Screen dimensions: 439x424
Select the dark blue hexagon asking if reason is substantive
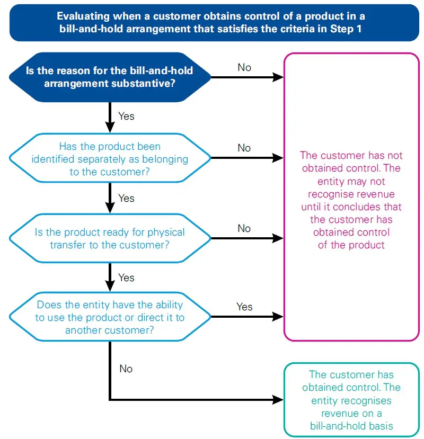pyautogui.click(x=110, y=77)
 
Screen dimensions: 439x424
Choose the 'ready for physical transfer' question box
pyautogui.click(x=110, y=238)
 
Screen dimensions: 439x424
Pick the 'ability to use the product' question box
pyautogui.click(x=110, y=317)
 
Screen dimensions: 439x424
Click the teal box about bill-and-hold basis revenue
pyautogui.click(x=351, y=400)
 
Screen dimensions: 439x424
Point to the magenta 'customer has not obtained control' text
pyautogui.click(x=351, y=200)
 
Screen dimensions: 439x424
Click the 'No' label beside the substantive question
pyautogui.click(x=244, y=67)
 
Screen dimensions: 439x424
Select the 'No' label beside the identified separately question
pyautogui.click(x=244, y=148)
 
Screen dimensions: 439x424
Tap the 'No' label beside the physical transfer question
pyautogui.click(x=244, y=228)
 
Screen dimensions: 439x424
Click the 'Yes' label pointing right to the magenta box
pyautogui.click(x=244, y=307)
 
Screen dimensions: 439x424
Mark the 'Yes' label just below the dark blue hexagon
pyautogui.click(x=126, y=116)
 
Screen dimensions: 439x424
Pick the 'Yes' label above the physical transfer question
pyautogui.click(x=126, y=198)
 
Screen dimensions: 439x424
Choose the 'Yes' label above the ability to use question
pyautogui.click(x=126, y=277)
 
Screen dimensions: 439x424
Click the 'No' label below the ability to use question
pyautogui.click(x=126, y=369)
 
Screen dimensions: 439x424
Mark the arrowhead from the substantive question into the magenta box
pyautogui.click(x=279, y=77)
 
